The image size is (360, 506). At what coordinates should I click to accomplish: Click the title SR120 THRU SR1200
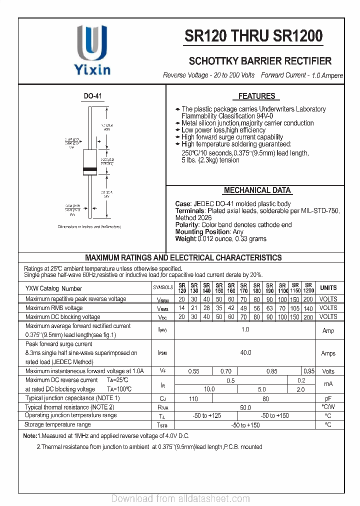(x=253, y=36)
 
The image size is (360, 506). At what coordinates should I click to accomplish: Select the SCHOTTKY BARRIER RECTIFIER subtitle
(x=260, y=61)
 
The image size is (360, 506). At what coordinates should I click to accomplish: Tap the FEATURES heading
(x=256, y=96)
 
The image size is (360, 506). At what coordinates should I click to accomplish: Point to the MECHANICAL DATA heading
(x=257, y=190)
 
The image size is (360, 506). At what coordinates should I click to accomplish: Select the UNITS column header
(x=328, y=288)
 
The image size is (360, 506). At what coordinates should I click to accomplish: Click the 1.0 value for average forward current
(x=245, y=330)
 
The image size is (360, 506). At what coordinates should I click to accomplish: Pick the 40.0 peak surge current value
(x=245, y=353)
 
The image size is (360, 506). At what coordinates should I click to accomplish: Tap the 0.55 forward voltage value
(x=193, y=371)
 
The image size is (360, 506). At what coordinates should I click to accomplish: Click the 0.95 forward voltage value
(x=309, y=371)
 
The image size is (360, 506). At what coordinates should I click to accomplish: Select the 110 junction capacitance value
(x=193, y=399)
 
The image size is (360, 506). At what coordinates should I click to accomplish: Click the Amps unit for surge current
(x=328, y=353)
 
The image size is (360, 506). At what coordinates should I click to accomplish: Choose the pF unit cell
(x=328, y=399)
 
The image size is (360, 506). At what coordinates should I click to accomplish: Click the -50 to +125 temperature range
(x=207, y=416)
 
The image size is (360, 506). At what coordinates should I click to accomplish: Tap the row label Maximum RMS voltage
(x=54, y=308)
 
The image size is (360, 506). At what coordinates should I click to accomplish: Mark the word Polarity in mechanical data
(x=187, y=225)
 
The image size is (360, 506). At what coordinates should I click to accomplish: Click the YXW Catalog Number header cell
(x=54, y=288)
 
